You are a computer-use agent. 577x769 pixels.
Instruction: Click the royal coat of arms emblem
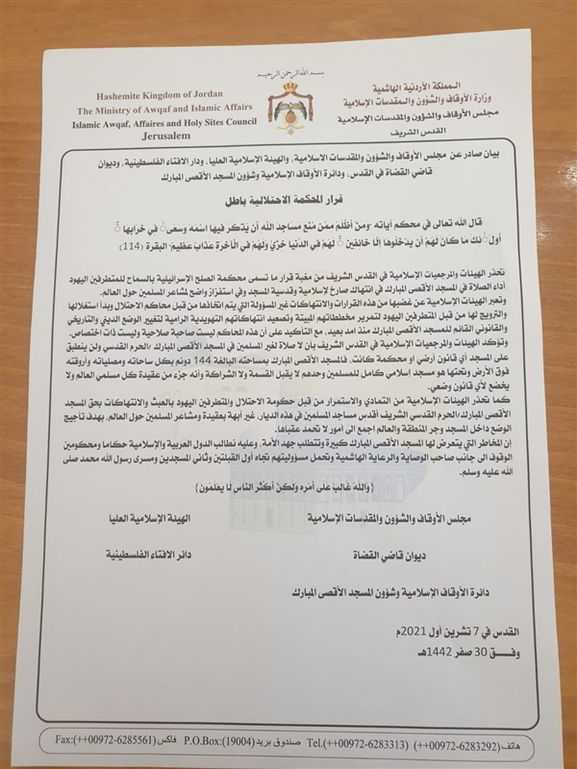click(x=291, y=103)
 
